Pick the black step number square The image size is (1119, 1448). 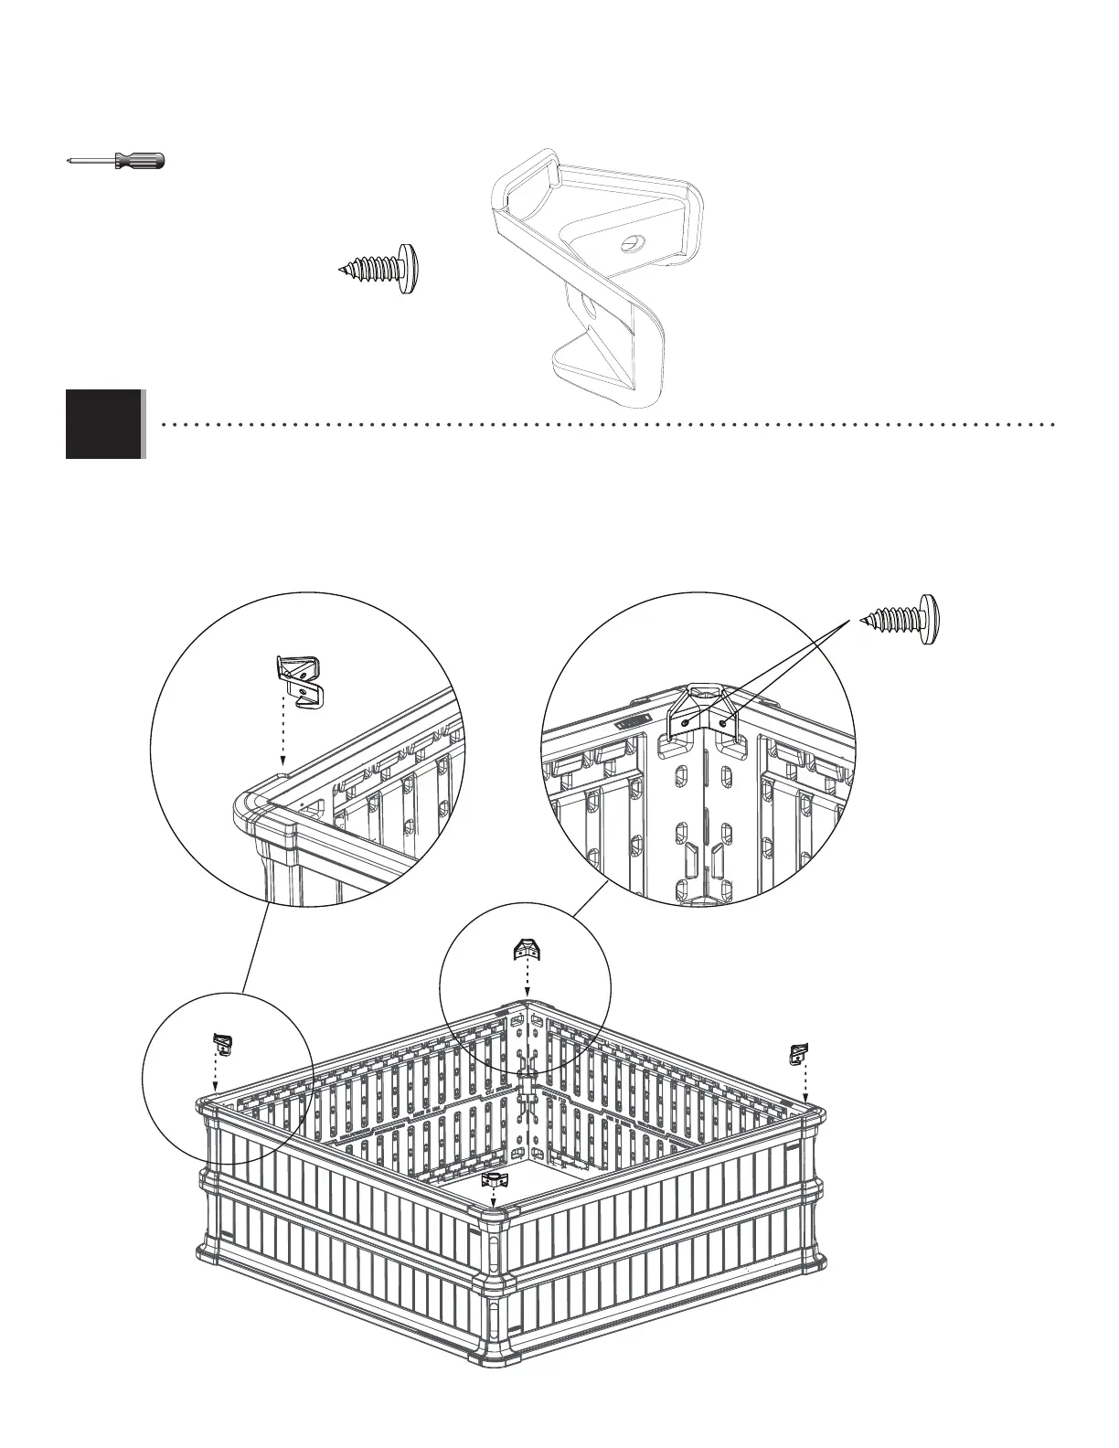click(x=104, y=423)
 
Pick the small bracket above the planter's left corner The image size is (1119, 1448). click(x=222, y=1042)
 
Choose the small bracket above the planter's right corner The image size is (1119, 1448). click(x=799, y=1054)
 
